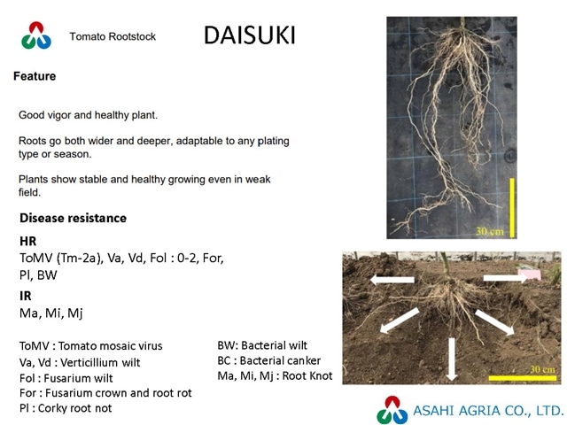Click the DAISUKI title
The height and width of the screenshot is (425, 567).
tap(250, 35)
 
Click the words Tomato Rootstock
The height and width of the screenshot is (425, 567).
tap(113, 36)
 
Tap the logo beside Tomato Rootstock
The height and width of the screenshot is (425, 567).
tap(36, 35)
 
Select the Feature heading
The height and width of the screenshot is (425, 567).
tap(35, 76)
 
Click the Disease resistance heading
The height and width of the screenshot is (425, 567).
tap(73, 218)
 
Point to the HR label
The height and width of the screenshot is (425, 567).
tap(27, 241)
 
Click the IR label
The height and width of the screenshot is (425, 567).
tap(26, 296)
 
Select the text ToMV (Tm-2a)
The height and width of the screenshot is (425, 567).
tap(60, 259)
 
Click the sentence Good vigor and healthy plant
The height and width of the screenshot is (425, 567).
tap(89, 115)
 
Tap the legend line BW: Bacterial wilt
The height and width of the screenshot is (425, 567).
tap(262, 345)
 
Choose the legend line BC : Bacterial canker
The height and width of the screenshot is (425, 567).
tap(269, 360)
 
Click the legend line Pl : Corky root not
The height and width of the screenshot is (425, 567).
tap(66, 408)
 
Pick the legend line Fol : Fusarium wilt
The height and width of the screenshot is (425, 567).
tap(66, 378)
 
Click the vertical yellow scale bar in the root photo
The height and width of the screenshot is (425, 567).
tap(512, 208)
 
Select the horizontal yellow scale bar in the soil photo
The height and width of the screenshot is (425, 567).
tap(523, 378)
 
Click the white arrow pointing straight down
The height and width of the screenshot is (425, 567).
tap(451, 359)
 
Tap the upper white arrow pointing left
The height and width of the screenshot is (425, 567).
tap(392, 280)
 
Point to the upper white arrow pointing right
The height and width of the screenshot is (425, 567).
tap(505, 278)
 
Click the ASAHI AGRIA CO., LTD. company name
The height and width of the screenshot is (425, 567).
tap(488, 411)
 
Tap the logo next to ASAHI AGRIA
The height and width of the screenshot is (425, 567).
tap(392, 410)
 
